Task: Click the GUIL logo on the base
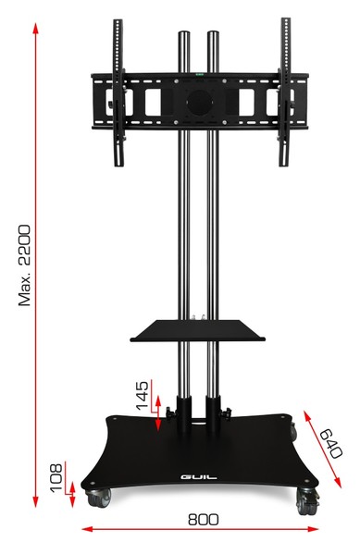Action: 199,477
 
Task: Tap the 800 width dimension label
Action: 204,520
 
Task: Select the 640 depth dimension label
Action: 331,443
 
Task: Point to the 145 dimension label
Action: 143,395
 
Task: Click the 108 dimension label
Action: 56,478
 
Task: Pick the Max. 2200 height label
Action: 24,265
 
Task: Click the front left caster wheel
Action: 99,498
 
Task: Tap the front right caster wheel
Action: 307,500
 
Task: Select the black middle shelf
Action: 198,331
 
